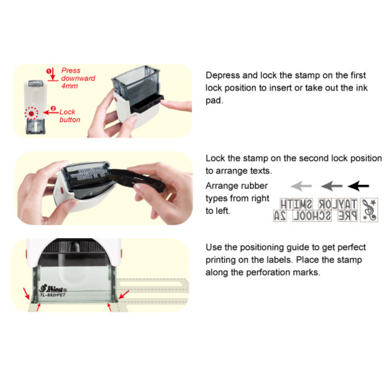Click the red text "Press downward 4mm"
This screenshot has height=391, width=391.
pyautogui.click(x=78, y=78)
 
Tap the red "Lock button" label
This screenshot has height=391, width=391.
pyautogui.click(x=70, y=116)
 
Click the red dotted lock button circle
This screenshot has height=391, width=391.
pyautogui.click(x=31, y=114)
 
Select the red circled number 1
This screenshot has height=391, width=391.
pyautogui.click(x=48, y=71)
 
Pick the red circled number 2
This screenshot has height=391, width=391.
pyautogui.click(x=53, y=108)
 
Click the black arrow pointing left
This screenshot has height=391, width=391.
pyautogui.click(x=358, y=186)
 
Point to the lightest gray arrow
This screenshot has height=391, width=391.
pyautogui.click(x=301, y=186)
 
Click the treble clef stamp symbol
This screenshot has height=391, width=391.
pyautogui.click(x=369, y=210)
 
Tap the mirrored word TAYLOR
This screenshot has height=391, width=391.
pyautogui.click(x=338, y=204)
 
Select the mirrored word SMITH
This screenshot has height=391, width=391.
pyautogui.click(x=296, y=204)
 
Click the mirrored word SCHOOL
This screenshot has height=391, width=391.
pyautogui.click(x=312, y=216)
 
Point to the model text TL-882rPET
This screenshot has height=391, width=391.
pyautogui.click(x=53, y=295)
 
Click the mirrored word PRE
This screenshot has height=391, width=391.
pyautogui.click(x=347, y=216)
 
